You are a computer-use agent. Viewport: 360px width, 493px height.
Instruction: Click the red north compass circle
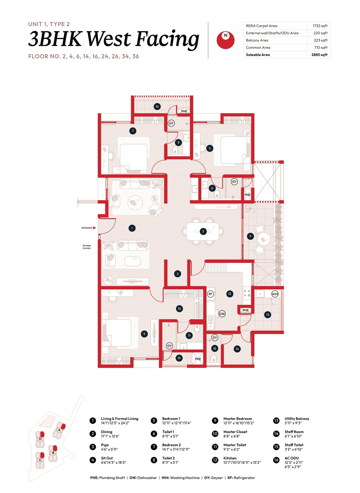(225, 40)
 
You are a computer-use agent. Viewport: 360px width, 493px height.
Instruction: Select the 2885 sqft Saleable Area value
(319, 55)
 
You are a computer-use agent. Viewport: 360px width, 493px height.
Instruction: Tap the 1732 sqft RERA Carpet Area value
(320, 26)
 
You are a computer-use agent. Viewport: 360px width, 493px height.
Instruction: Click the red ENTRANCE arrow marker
(94, 228)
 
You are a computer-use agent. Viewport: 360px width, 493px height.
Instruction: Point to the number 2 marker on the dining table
(203, 231)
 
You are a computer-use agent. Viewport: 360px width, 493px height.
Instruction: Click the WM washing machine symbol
(275, 294)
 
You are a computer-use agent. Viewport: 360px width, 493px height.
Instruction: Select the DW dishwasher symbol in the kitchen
(222, 314)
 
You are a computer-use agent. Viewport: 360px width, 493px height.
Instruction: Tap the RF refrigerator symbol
(210, 294)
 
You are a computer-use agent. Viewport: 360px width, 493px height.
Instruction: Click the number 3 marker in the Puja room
(177, 274)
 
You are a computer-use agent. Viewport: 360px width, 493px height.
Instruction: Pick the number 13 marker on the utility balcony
(267, 315)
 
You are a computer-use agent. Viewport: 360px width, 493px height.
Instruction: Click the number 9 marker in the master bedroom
(144, 334)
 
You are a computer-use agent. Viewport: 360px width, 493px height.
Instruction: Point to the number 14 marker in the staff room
(237, 349)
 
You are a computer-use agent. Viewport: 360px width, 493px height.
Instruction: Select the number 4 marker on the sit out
(250, 236)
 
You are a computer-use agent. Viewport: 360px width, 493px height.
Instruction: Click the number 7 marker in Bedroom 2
(133, 131)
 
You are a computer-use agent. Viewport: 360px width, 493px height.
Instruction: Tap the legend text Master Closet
(235, 432)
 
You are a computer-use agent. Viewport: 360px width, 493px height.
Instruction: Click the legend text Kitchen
(230, 458)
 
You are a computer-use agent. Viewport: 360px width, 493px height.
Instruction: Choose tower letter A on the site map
(59, 430)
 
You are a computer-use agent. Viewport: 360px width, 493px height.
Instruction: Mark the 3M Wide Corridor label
(87, 247)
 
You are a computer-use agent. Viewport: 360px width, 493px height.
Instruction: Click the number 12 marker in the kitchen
(229, 294)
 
